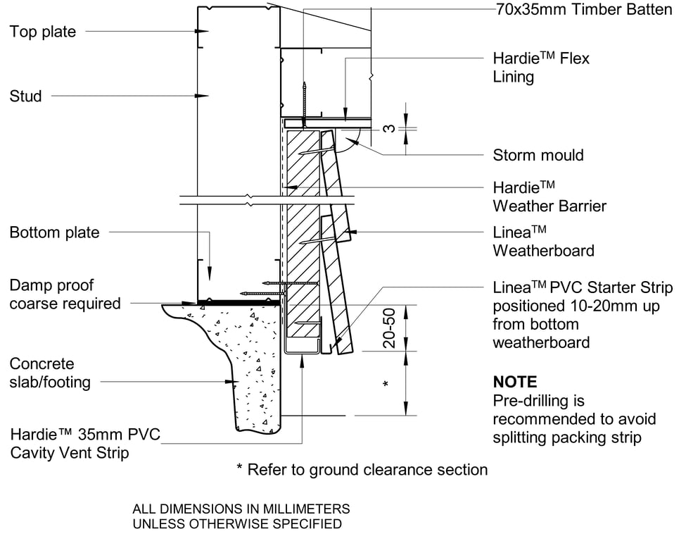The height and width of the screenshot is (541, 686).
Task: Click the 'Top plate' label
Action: point(43,32)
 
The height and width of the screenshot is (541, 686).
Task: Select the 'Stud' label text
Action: point(25,96)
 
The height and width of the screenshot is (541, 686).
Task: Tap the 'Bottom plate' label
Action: point(54,232)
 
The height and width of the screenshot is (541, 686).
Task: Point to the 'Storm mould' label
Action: point(538,155)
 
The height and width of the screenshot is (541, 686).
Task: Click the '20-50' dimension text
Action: point(389,327)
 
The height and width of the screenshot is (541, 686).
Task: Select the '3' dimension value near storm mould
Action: point(388,129)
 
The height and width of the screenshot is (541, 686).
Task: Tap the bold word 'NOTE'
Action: point(515,383)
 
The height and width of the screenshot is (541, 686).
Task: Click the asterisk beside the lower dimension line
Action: point(385,385)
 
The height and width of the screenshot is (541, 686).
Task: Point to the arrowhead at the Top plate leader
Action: point(204,32)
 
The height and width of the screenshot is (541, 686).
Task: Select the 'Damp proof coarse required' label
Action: point(65,294)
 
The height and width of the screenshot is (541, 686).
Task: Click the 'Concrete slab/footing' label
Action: point(50,373)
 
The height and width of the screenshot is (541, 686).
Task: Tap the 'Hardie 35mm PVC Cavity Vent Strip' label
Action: point(85,443)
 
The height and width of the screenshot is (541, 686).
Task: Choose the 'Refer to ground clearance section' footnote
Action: point(362,470)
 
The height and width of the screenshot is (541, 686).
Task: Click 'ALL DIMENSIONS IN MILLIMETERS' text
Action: point(241,509)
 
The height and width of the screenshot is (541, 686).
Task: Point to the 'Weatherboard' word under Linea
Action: point(543,250)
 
